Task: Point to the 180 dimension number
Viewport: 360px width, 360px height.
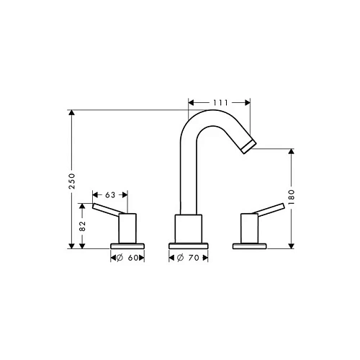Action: pos(290,197)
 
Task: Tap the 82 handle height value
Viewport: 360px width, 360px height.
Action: pos(84,225)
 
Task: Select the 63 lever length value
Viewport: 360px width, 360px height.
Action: pos(110,194)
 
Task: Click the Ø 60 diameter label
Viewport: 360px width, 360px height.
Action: pos(127,258)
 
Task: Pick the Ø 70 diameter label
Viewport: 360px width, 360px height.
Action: pos(189,258)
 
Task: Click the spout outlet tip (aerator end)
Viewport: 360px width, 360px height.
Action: pos(247,148)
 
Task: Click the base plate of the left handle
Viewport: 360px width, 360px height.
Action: pos(127,246)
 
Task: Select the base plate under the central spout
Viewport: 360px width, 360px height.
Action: pos(189,246)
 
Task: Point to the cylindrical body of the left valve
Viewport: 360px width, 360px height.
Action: pos(127,229)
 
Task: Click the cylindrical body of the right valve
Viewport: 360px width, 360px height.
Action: pos(249,229)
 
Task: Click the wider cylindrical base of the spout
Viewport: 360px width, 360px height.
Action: pos(189,229)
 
